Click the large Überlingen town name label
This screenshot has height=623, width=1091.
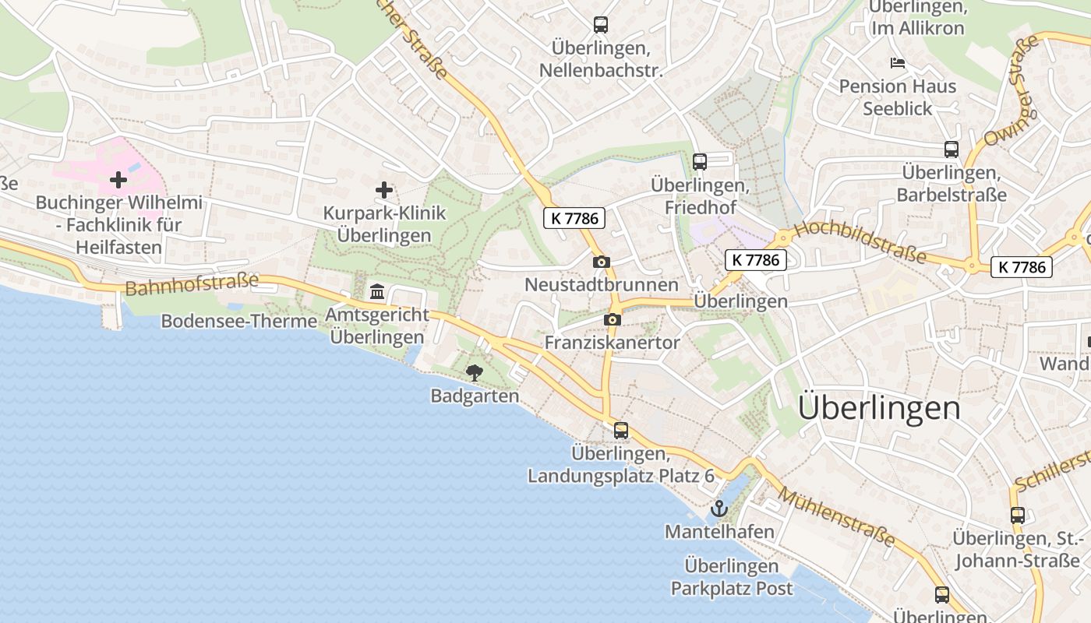click(879, 408)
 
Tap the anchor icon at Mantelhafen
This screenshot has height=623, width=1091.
click(719, 509)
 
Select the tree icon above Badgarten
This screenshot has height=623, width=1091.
click(474, 374)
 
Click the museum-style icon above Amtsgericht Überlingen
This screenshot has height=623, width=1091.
click(378, 292)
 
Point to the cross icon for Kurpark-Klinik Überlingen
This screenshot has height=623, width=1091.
click(383, 190)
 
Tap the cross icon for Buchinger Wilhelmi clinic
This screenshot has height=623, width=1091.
click(118, 180)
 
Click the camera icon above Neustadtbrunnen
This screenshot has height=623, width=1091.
click(601, 262)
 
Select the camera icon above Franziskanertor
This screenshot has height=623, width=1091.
click(612, 319)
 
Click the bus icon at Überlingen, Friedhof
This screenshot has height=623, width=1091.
click(700, 162)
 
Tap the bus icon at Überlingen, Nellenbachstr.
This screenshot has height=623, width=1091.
click(600, 25)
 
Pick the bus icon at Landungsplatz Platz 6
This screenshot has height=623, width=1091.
click(620, 430)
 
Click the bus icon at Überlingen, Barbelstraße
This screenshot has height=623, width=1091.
click(951, 150)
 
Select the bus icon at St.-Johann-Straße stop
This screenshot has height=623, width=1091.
click(1017, 515)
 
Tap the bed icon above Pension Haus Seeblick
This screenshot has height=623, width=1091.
click(898, 63)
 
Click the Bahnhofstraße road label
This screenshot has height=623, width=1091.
click(191, 283)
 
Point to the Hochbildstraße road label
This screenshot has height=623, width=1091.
click(860, 242)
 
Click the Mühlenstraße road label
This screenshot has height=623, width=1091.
click(836, 518)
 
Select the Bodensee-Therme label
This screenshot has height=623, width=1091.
click(238, 321)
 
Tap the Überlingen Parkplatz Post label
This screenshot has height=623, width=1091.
click(731, 577)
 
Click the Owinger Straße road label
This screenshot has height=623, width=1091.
click(1012, 90)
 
